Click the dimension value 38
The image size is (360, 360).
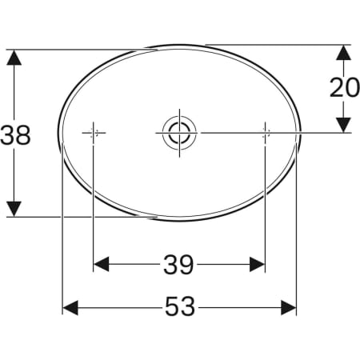tap(15, 134)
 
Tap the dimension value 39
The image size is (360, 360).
tap(178, 265)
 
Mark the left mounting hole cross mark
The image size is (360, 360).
tap(94, 133)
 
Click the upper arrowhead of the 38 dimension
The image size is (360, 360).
tap(14, 58)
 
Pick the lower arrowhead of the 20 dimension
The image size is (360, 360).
tap(342, 124)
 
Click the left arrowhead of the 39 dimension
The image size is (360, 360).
tap(102, 265)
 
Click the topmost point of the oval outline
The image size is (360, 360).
tap(179, 45)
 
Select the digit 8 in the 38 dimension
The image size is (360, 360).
tap(23, 134)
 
